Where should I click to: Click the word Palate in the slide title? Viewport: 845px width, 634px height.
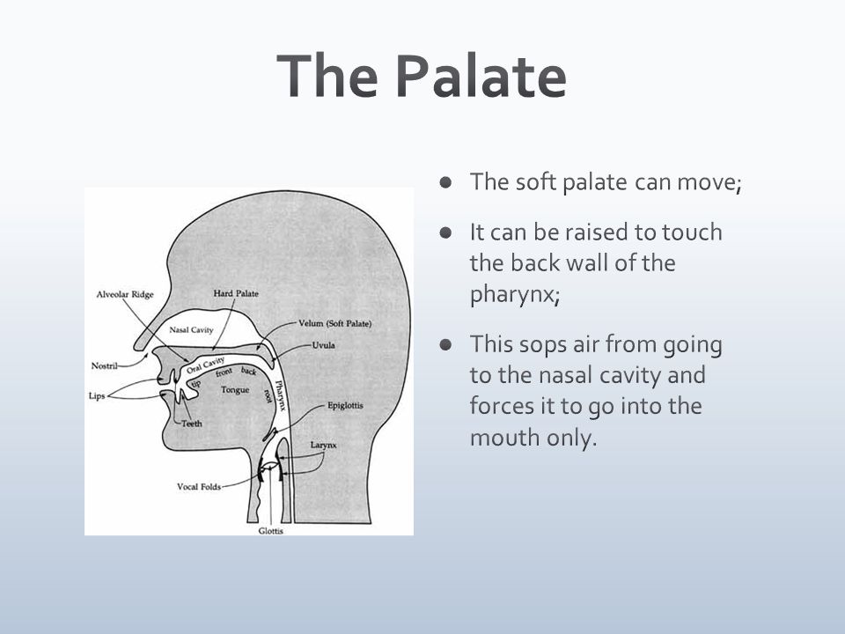pyautogui.click(x=481, y=76)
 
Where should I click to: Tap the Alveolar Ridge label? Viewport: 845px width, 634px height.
pyautogui.click(x=125, y=294)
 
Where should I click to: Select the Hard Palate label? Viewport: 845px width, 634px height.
pyautogui.click(x=236, y=293)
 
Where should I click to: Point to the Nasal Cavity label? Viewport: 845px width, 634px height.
pyautogui.click(x=191, y=330)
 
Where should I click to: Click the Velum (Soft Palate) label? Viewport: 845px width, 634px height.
pyautogui.click(x=335, y=323)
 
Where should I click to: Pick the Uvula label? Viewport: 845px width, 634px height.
pyautogui.click(x=323, y=345)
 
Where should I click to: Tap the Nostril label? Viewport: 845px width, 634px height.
pyautogui.click(x=104, y=366)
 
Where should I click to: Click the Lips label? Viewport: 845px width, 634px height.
pyautogui.click(x=97, y=396)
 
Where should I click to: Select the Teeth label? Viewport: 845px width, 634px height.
pyautogui.click(x=192, y=424)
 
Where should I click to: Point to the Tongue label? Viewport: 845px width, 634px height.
pyautogui.click(x=235, y=390)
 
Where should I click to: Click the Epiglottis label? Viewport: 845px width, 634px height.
pyautogui.click(x=345, y=405)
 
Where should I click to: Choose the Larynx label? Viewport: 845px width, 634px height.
pyautogui.click(x=323, y=446)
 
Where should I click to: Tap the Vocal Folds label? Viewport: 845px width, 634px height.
pyautogui.click(x=199, y=487)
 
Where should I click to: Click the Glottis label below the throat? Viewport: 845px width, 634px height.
pyautogui.click(x=270, y=531)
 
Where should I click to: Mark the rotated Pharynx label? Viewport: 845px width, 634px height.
pyautogui.click(x=280, y=395)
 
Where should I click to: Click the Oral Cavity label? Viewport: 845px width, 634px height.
pyautogui.click(x=205, y=365)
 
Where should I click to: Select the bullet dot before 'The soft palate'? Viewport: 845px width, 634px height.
pyautogui.click(x=445, y=181)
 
